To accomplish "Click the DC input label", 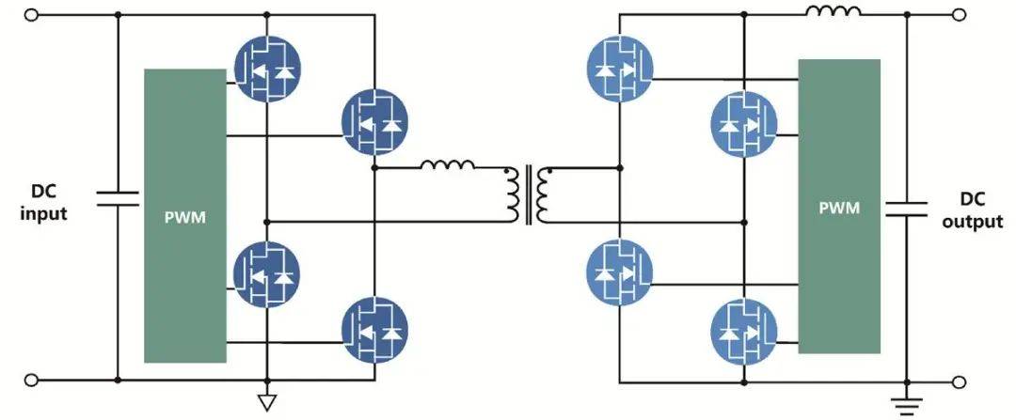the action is point(43,203).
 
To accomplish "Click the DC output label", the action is point(972,210).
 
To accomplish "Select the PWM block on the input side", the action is point(185,215).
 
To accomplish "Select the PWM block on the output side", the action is point(839,207).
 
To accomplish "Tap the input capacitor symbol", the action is point(118,198).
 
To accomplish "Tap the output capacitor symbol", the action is point(906,209).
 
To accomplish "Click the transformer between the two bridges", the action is point(529,194).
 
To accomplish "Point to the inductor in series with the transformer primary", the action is point(447,165).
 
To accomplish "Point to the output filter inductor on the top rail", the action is point(833,11).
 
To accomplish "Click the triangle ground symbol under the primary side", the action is point(267,402).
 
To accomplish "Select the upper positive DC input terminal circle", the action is point(30,14).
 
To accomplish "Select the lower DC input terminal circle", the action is point(30,380).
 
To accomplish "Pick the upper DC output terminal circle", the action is point(960,14).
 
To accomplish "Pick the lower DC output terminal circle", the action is point(960,381).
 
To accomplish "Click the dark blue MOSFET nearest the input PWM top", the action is point(267,69).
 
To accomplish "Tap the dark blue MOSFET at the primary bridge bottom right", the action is point(374,330).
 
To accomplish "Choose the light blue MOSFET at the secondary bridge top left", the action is point(619,69).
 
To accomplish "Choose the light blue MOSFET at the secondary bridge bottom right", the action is point(744,332).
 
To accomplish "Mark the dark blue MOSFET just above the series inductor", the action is point(374,121).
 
